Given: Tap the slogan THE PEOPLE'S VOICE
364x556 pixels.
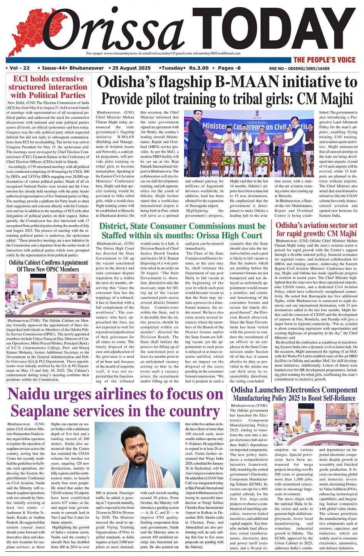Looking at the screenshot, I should coord(324,60).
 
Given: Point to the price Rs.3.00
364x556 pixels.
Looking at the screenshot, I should coord(199,68).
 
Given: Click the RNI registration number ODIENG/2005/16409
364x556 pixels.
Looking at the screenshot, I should coord(299,68).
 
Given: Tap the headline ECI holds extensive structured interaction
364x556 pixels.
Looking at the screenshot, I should coord(48,87).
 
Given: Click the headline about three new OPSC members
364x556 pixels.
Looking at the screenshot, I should coord(48,266).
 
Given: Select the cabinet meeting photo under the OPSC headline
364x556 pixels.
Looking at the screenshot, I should coord(48,295).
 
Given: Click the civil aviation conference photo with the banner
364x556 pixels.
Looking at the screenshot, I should coord(249,144).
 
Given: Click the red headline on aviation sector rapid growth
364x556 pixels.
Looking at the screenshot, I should coord(316,229).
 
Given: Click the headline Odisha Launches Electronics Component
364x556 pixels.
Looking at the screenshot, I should coord(294,390).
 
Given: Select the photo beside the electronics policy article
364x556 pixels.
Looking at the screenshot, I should coord(316,425).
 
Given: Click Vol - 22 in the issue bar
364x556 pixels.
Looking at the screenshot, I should coord(20,68).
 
